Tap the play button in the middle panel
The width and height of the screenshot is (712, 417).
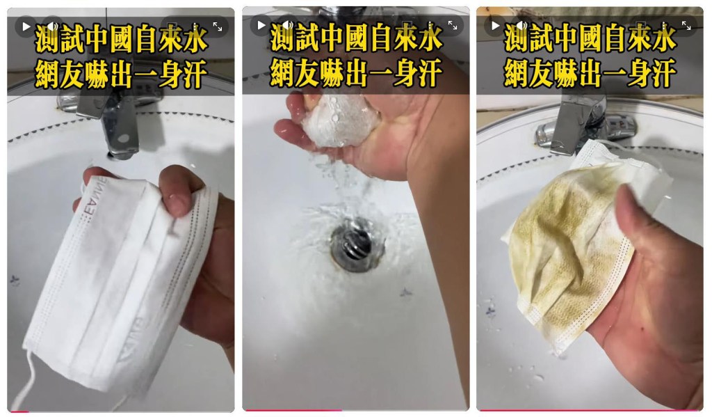261,25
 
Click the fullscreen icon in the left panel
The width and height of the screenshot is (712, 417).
218,27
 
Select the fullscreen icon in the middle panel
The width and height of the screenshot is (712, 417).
453,25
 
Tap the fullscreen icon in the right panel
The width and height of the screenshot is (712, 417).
686,26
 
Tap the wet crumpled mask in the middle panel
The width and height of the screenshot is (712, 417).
339,120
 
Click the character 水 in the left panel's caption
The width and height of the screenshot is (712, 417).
195,39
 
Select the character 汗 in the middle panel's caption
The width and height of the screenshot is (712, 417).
428,73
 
